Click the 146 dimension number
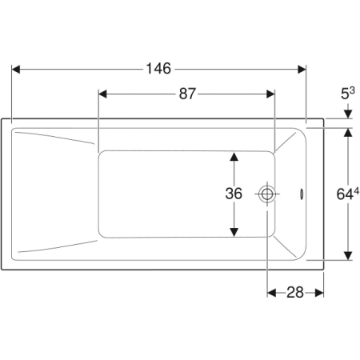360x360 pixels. pyautogui.click(x=158, y=69)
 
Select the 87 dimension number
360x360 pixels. pyautogui.click(x=187, y=94)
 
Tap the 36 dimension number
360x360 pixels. pyautogui.click(x=234, y=194)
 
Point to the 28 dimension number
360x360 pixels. pyautogui.click(x=295, y=293)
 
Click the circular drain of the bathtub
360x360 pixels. pyautogui.click(x=267, y=194)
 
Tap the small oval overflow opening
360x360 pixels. pyautogui.click(x=302, y=194)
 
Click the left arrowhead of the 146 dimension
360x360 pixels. pyautogui.click(x=16, y=70)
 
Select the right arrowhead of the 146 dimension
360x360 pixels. pyautogui.click(x=302, y=70)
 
